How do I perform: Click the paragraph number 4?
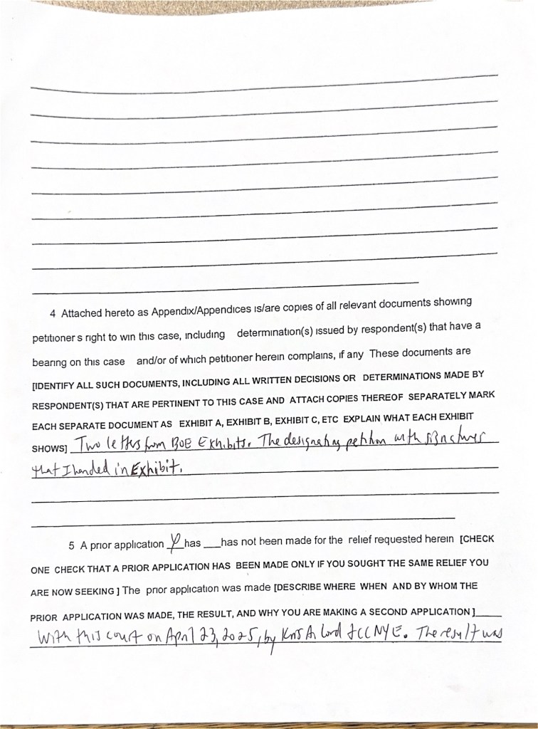point(53,313)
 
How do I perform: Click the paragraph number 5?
point(72,546)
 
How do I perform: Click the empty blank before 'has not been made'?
point(211,545)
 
